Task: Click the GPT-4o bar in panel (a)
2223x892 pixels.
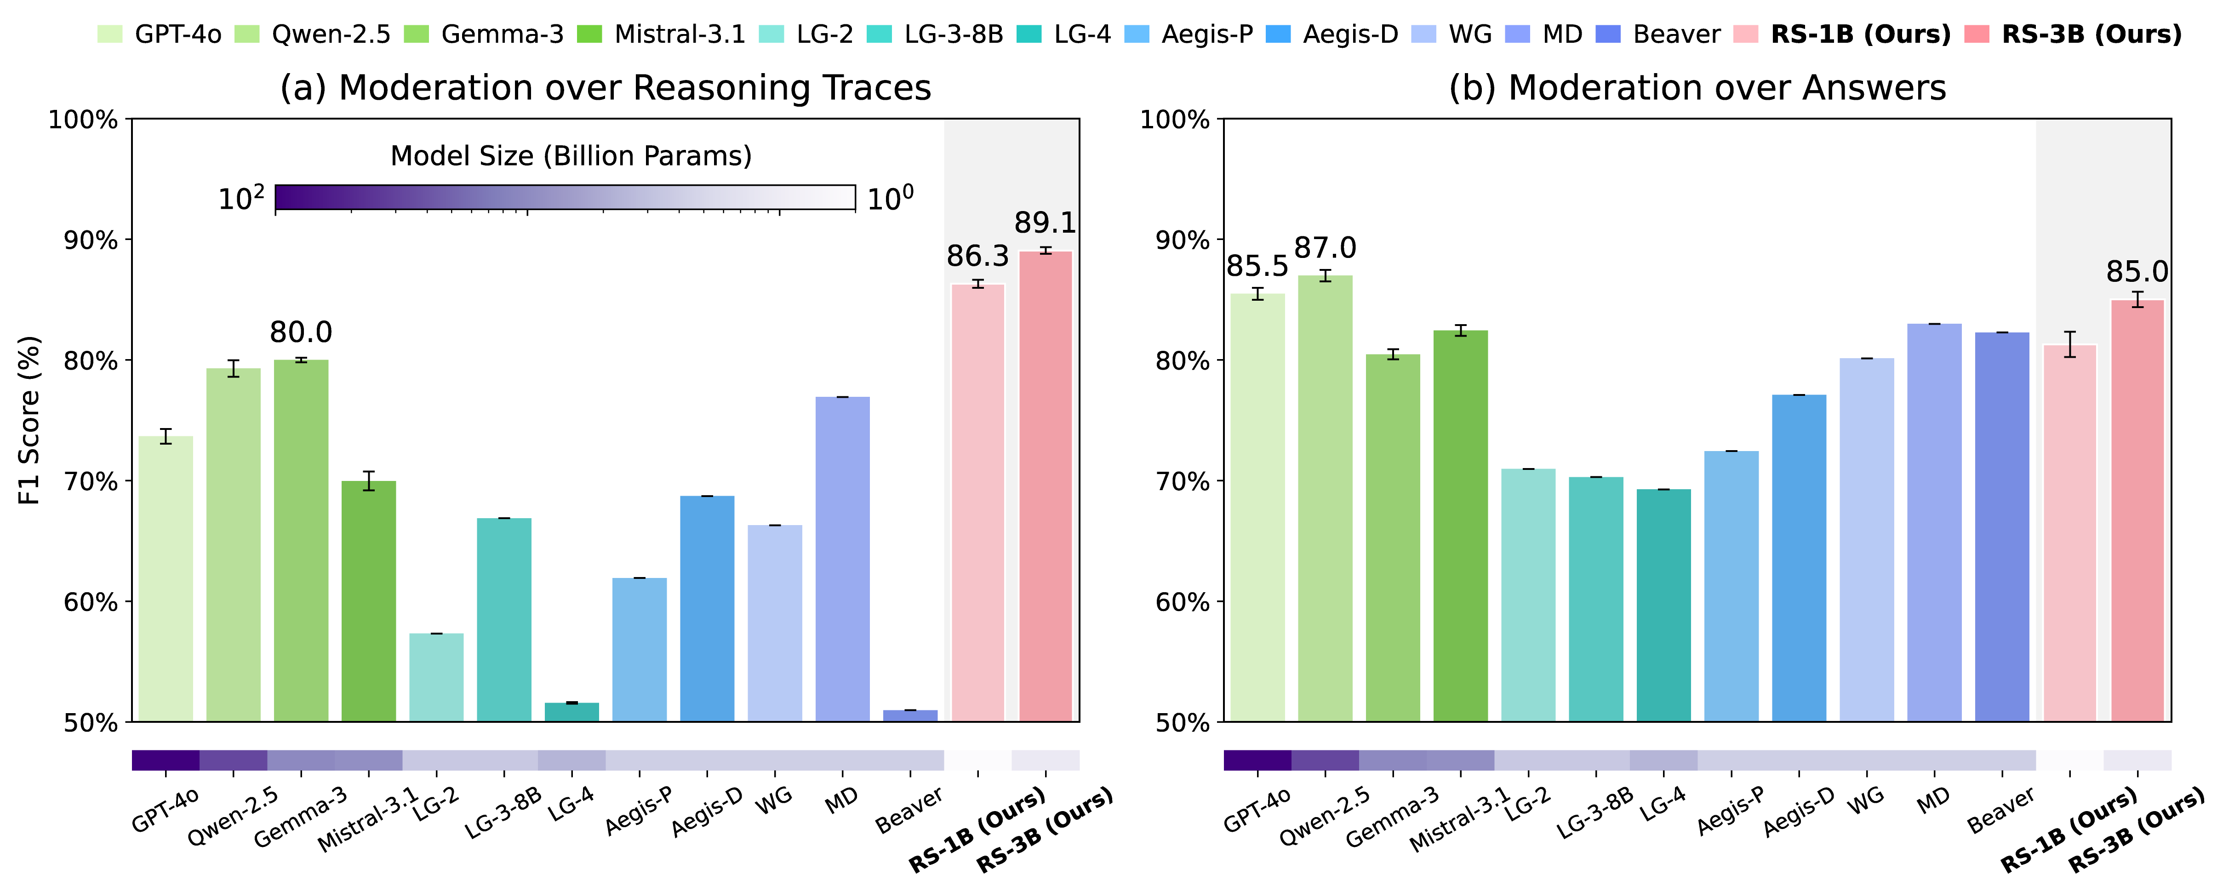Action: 166,578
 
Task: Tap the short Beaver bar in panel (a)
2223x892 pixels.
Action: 910,715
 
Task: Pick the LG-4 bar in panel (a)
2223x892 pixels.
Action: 571,712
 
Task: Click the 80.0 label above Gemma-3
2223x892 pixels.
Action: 300,332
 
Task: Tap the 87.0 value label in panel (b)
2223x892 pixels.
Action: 1325,248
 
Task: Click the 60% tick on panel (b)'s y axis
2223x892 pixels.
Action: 1182,602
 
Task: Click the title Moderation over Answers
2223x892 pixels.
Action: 1697,88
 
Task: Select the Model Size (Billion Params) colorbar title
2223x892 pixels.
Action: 571,156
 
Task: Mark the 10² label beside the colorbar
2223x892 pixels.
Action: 241,199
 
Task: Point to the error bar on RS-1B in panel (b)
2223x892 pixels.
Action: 2069,344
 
